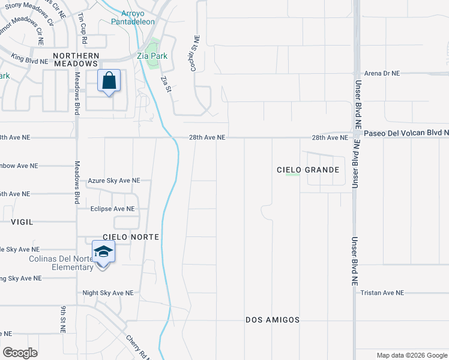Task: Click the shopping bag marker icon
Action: [109, 81]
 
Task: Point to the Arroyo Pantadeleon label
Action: [133, 17]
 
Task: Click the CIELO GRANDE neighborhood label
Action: [308, 170]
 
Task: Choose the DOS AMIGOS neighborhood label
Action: [273, 320]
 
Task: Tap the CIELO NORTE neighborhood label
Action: [131, 237]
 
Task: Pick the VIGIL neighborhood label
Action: [22, 221]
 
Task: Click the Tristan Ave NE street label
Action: [382, 293]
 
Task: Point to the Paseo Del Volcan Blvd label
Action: [406, 133]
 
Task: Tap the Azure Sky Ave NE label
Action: [114, 180]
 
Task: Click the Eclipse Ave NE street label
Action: [112, 209]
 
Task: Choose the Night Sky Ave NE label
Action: [108, 293]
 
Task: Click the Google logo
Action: [20, 353]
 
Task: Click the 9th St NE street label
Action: [62, 319]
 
